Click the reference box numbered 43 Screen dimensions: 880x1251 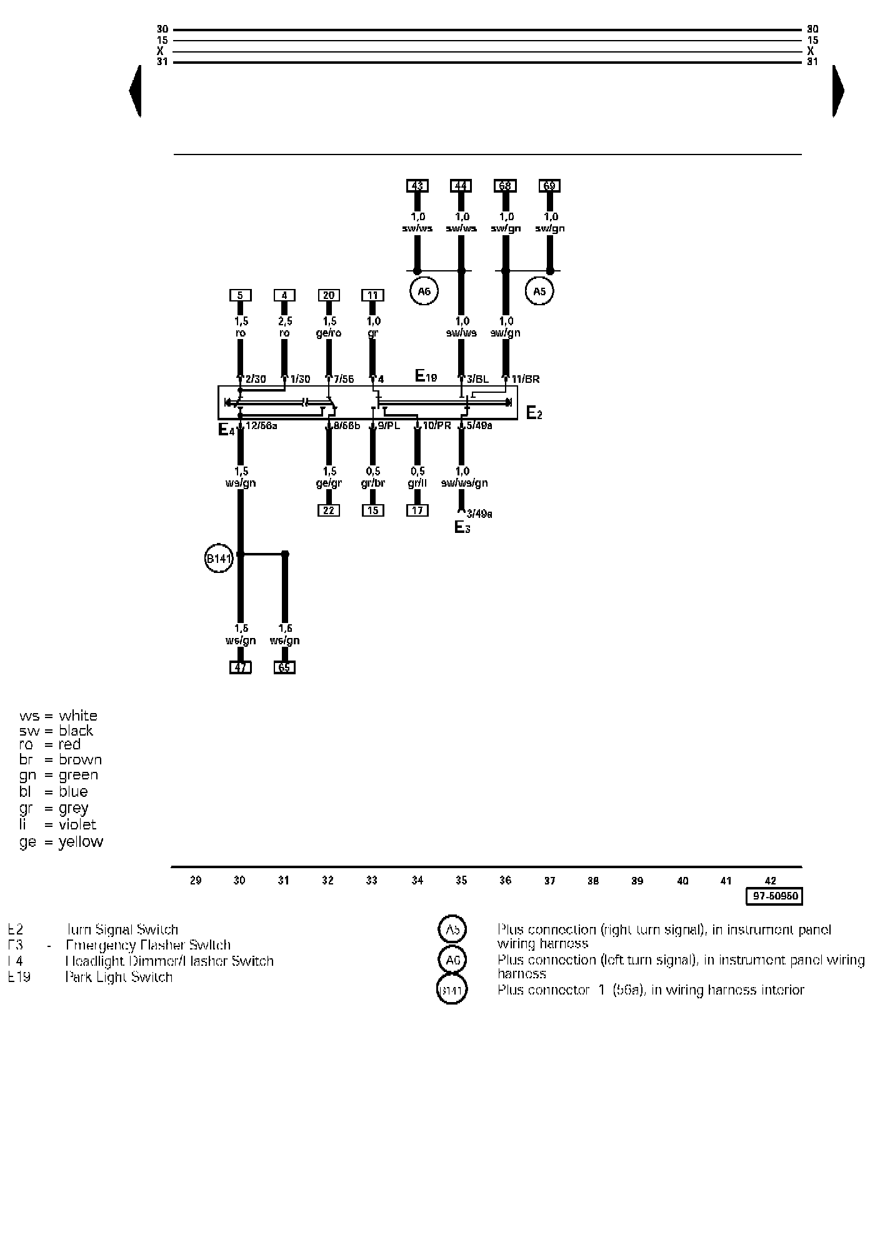(417, 186)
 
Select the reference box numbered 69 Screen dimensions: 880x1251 (549, 186)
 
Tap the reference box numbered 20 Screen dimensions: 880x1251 (329, 295)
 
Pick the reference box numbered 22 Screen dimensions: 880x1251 (329, 510)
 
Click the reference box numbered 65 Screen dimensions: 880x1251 (284, 667)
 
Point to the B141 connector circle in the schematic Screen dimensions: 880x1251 (219, 559)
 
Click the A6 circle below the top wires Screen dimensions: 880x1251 (424, 291)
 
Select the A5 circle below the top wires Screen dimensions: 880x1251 (539, 291)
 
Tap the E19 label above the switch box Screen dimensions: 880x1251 (426, 376)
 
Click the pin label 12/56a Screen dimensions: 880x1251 (261, 426)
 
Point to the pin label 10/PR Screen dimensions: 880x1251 (437, 426)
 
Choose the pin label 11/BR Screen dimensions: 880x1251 (525, 379)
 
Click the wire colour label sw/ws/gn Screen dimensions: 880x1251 (464, 483)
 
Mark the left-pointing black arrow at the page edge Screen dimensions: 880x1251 (135, 91)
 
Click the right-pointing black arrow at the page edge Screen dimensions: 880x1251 (838, 91)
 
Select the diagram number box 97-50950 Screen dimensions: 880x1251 (774, 896)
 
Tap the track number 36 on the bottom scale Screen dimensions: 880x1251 (505, 881)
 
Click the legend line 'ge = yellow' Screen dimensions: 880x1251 (61, 842)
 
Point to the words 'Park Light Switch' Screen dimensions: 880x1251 (119, 977)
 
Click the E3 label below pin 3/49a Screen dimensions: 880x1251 (462, 527)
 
